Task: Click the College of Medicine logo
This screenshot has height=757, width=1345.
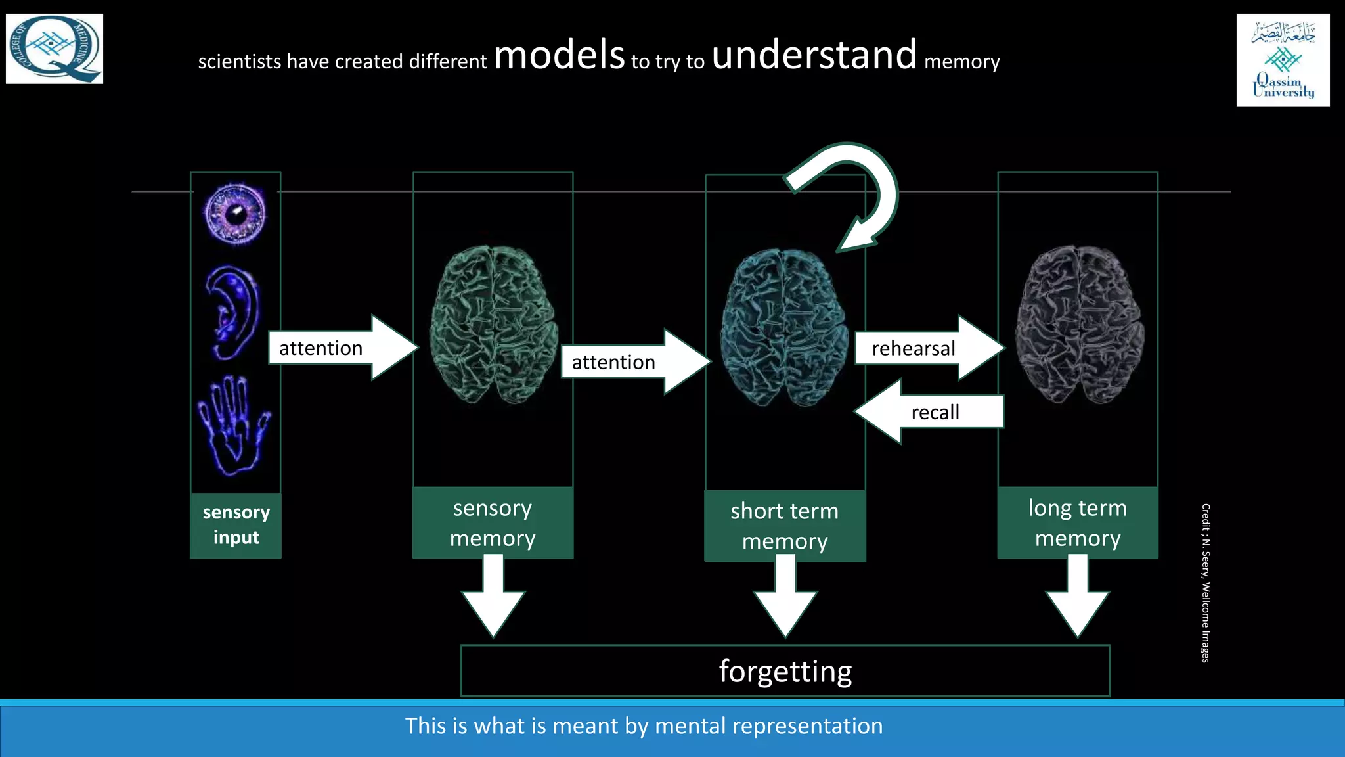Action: click(55, 49)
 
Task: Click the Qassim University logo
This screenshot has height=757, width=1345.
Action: click(1283, 60)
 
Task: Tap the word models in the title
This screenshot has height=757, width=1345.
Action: click(559, 55)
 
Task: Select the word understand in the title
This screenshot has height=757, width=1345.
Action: click(814, 55)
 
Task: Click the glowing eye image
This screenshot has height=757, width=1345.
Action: click(235, 214)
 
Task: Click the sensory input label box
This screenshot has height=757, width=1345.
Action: click(236, 525)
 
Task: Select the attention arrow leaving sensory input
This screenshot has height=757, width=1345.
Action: click(342, 348)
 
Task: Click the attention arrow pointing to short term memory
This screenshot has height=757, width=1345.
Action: click(634, 362)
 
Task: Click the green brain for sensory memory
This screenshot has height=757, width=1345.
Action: click(493, 324)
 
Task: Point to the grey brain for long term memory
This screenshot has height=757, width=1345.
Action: click(1078, 324)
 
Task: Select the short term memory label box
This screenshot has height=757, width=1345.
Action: click(785, 526)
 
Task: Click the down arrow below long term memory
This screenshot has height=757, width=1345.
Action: click(1078, 598)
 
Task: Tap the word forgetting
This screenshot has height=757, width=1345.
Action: click(785, 671)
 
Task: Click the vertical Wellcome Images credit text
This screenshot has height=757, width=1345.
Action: click(1205, 582)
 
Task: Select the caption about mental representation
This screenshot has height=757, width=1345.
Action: click(644, 726)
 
